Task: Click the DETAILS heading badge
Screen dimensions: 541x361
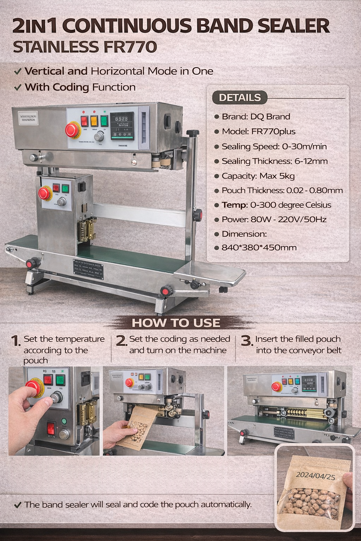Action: [240, 98]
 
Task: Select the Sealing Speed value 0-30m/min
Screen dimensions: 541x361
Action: [304, 147]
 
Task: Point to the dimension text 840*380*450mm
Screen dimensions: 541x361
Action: [259, 248]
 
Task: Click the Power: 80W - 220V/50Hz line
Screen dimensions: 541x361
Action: [274, 219]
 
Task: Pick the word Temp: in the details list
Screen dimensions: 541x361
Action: [234, 205]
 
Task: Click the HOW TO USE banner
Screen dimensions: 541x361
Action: [176, 323]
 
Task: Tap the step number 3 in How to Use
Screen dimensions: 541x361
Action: [246, 341]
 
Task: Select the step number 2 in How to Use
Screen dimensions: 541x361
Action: [121, 341]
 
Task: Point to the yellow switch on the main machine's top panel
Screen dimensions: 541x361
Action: [94, 121]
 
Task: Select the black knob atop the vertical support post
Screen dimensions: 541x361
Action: [192, 133]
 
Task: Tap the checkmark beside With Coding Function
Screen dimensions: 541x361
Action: [17, 87]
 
